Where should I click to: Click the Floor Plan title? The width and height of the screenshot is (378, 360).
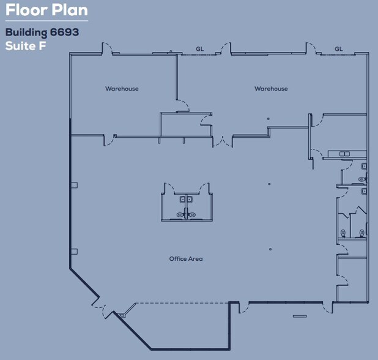coord(46,11)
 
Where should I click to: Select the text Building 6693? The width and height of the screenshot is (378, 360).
coord(42,32)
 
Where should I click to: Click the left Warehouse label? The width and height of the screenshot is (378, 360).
coord(122,89)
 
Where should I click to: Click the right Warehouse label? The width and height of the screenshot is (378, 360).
coord(271,89)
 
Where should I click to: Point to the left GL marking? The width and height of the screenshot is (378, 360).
coord(199,49)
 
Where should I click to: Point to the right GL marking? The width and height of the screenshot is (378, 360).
coord(338,49)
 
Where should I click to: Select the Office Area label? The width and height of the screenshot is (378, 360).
coord(186,259)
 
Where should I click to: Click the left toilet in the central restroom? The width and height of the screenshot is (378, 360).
coord(180,214)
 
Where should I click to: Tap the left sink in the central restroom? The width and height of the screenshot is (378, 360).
coord(182,199)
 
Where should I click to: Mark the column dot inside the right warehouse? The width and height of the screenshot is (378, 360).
coord(268,119)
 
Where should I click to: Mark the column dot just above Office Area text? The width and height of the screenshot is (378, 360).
coord(270,249)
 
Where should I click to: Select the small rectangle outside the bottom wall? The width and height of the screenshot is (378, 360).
coord(299,316)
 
